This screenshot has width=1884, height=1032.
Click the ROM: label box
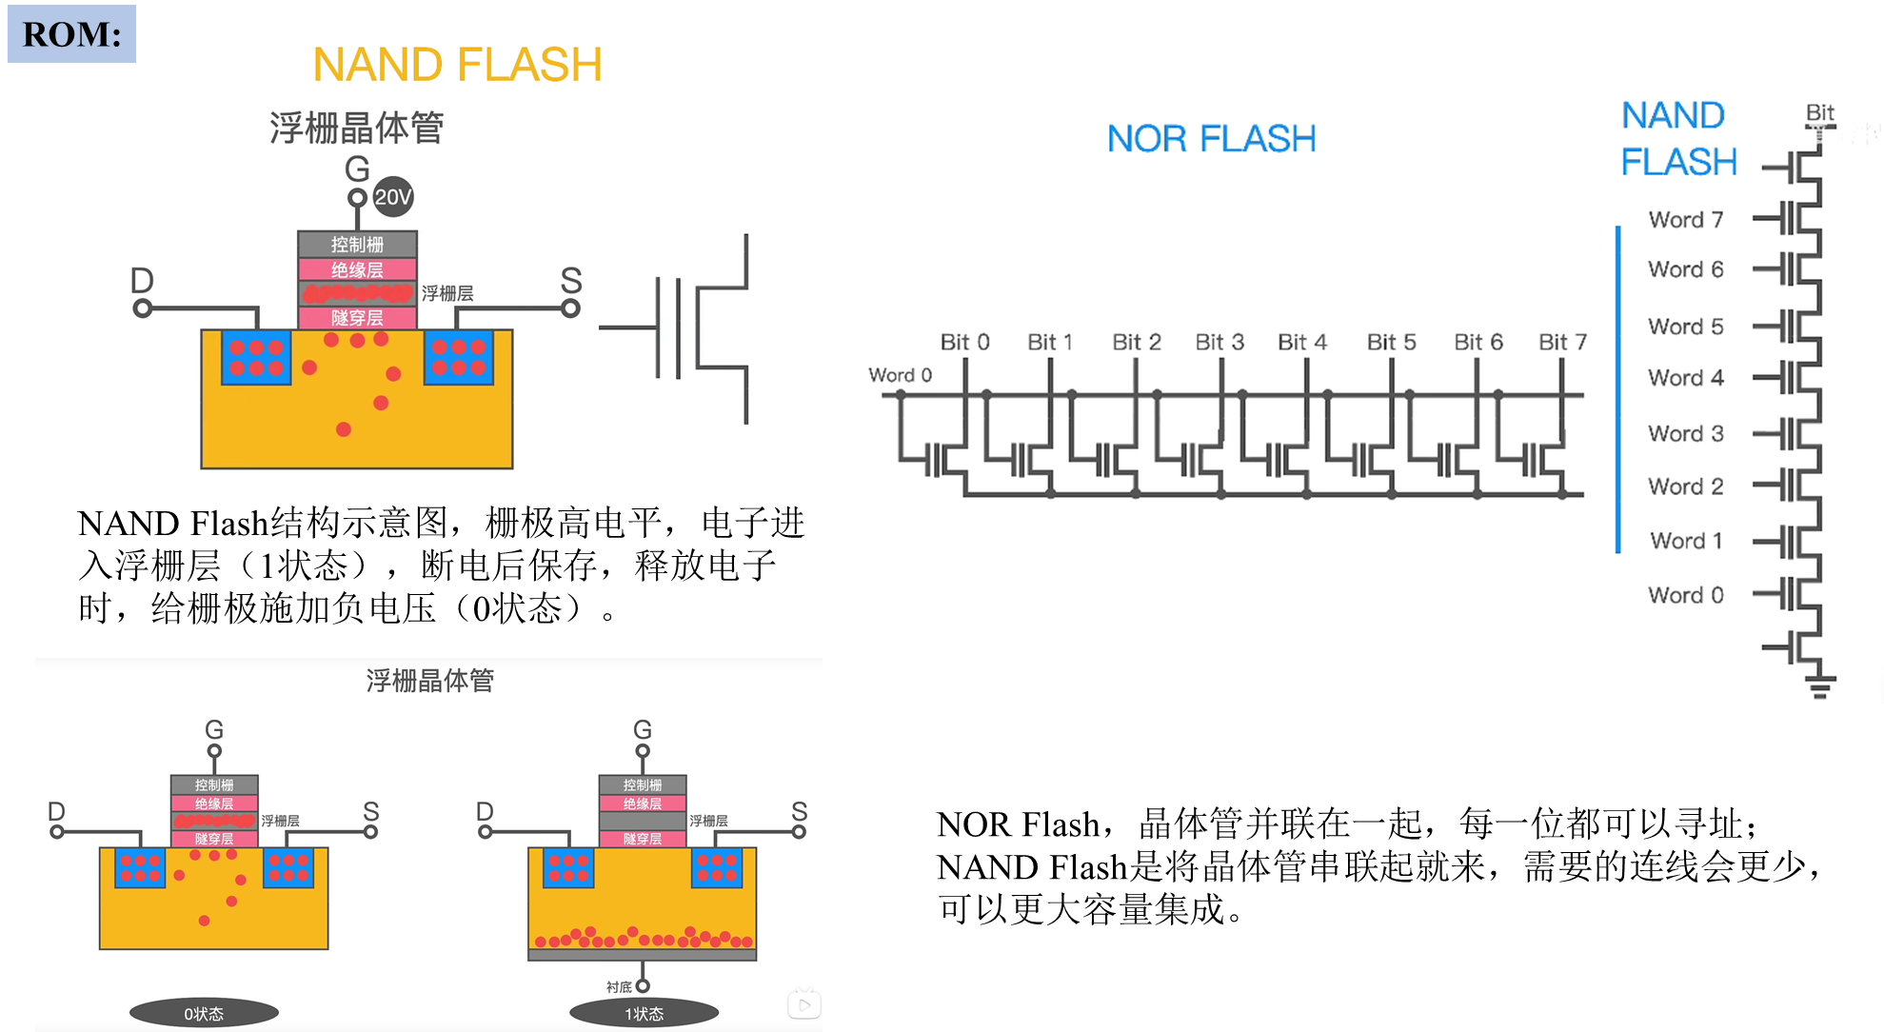pos(71,34)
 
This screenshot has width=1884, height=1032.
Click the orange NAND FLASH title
pos(458,63)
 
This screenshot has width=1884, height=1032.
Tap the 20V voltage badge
pos(392,197)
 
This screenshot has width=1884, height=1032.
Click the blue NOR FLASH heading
pos(1211,139)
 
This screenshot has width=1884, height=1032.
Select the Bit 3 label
pos(1220,342)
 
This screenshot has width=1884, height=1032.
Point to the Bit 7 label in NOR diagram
pos(1562,342)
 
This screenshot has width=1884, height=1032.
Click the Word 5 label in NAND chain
pos(1686,327)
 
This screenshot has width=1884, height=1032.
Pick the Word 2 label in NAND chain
pos(1686,486)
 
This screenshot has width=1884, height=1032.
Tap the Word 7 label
pos(1686,220)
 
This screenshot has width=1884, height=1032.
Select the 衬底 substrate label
pos(619,987)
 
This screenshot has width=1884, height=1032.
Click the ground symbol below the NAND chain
pos(1820,687)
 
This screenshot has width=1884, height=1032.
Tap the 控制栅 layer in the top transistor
pos(357,245)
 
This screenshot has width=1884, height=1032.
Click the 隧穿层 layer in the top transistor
pos(357,318)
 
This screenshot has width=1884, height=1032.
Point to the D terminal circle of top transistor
pos(143,308)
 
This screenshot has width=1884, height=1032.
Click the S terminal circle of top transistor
pos(570,308)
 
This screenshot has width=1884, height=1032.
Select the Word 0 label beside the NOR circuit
pos(900,375)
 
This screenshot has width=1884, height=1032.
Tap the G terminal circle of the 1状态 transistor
pos(643,751)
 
